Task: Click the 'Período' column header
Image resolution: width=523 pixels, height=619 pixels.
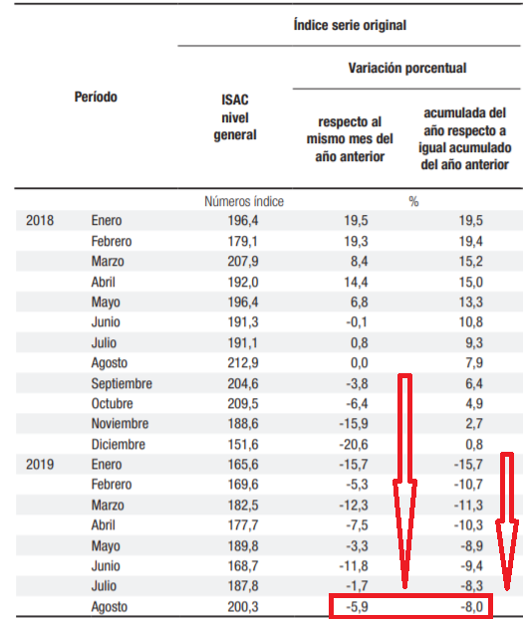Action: [x=96, y=97]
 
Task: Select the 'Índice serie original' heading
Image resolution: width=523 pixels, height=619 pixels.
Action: [x=350, y=25]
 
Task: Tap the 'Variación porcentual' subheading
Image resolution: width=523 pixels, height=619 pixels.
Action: [x=407, y=68]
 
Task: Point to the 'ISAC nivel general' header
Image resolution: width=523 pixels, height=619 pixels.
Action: [x=235, y=117]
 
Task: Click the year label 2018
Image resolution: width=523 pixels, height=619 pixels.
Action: [x=40, y=220]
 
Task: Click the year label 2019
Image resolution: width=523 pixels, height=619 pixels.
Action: [x=40, y=464]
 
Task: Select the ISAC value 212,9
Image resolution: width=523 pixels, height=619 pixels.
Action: [x=243, y=363]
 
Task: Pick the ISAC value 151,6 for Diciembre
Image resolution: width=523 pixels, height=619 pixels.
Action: [x=243, y=444]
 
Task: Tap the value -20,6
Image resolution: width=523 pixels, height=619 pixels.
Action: [x=354, y=444]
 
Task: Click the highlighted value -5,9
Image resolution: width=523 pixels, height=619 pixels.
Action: [x=357, y=606]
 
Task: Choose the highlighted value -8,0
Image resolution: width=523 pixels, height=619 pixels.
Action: [x=471, y=606]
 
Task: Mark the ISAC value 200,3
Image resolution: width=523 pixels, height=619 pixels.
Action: [x=243, y=606]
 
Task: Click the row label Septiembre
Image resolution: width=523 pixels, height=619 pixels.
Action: [x=122, y=384]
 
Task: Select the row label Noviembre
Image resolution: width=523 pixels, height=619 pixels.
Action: [x=120, y=424]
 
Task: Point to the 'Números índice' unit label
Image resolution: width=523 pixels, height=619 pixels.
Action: [x=244, y=201]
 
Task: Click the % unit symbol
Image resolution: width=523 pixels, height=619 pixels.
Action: [x=413, y=202]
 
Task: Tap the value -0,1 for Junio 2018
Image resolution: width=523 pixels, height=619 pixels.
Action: [x=357, y=322]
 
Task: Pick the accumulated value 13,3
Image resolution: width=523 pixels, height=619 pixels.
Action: [x=471, y=302]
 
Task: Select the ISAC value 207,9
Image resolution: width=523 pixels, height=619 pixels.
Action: [x=243, y=262]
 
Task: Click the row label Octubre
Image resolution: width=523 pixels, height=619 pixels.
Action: [x=112, y=403]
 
